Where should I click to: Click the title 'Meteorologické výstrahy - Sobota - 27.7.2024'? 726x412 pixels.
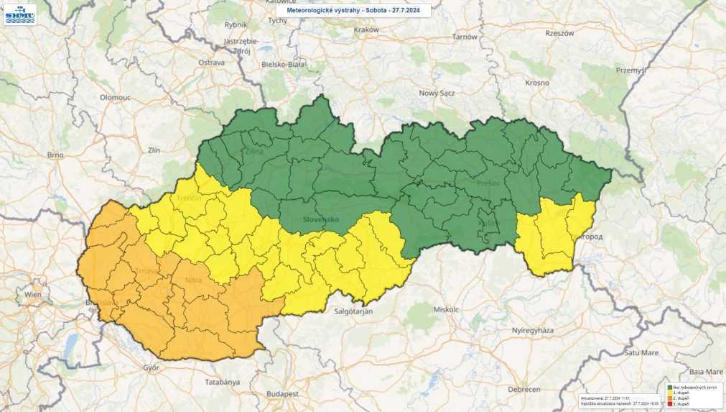(x=353, y=11)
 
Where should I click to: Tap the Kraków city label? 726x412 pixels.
(x=366, y=30)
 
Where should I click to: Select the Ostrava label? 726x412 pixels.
(x=212, y=63)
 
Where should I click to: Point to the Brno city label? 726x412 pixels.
(x=55, y=155)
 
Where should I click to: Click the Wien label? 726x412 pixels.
(x=33, y=295)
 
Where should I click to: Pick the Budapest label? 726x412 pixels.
(x=281, y=394)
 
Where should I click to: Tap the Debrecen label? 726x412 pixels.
(x=523, y=389)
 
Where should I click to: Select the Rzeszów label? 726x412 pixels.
(x=559, y=33)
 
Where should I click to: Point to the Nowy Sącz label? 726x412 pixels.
(x=438, y=93)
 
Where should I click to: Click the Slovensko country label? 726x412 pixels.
(x=320, y=219)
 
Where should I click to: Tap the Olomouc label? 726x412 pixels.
(x=115, y=96)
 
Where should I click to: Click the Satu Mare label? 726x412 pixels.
(x=641, y=352)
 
